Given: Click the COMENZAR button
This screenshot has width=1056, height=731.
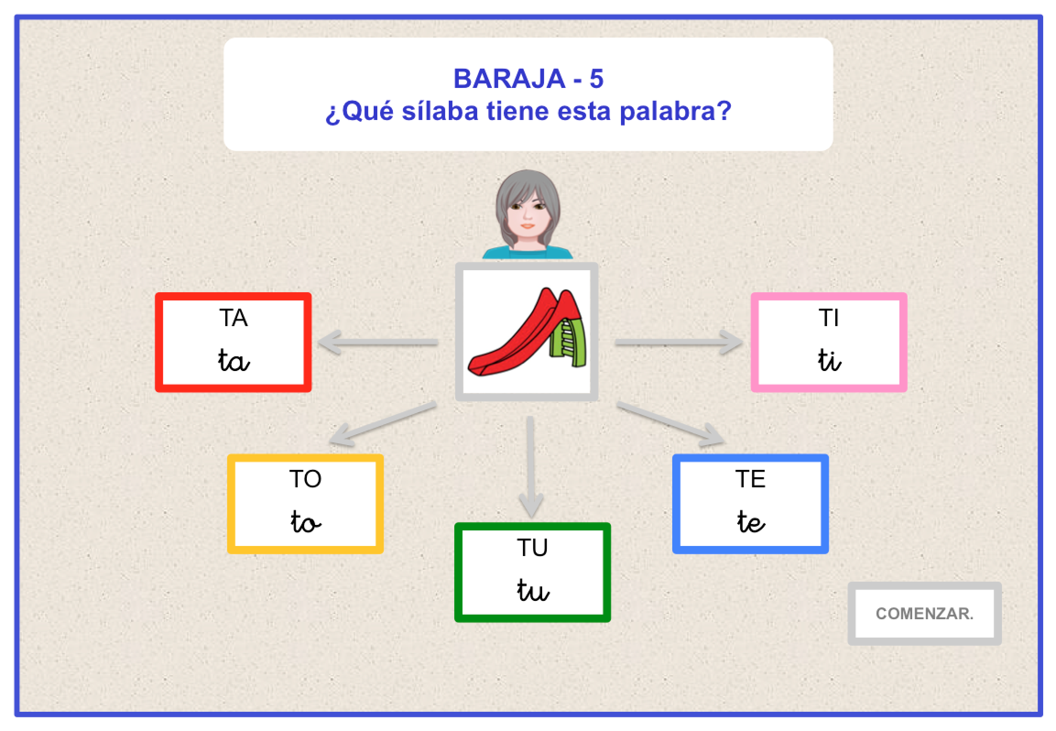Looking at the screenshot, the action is tap(924, 613).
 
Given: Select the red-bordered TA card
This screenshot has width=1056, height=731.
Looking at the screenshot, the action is tap(233, 342).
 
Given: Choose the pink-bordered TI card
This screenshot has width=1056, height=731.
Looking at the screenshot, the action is tap(829, 342).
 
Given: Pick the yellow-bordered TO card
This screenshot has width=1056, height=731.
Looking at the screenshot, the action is tap(305, 504).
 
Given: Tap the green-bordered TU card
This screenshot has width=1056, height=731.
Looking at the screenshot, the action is tap(532, 572).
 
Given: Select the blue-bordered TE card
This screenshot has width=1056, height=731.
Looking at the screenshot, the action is tap(750, 504).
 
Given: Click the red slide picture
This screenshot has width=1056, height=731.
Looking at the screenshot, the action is tap(527, 332).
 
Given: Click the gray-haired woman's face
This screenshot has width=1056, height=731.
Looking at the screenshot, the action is tap(528, 213).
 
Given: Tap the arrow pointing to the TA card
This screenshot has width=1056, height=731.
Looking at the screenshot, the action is tap(378, 342).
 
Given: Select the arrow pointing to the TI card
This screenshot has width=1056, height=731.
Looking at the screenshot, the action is tap(678, 342).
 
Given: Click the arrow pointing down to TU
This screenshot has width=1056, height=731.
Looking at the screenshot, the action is tap(530, 467).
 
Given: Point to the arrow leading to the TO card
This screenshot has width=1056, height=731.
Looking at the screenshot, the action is tap(382, 424).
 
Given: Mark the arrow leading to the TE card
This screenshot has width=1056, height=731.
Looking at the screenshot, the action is tap(671, 424).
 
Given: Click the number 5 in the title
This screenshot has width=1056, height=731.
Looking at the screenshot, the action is tap(596, 79).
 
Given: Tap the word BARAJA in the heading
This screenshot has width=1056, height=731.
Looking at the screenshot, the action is tap(509, 79).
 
